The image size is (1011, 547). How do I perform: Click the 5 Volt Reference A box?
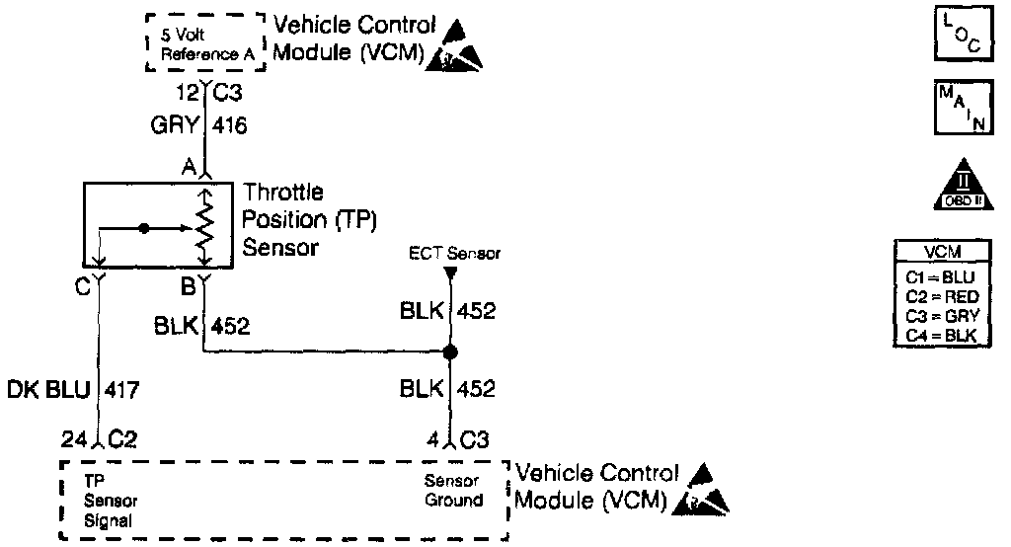pos(204,43)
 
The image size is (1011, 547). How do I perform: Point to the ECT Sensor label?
pos(455,254)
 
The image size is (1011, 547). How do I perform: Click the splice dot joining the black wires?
pos(450,352)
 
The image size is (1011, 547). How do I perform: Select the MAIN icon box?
pos(953,107)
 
